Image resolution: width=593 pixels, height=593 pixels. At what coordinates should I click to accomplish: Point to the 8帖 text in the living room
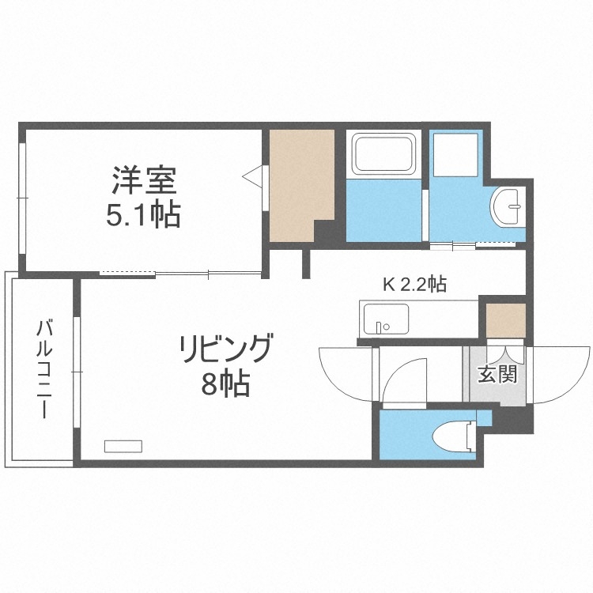coord(225,384)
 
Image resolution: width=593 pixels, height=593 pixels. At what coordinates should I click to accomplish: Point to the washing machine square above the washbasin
coord(457,153)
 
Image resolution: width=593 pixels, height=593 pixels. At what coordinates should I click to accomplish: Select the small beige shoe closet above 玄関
coord(504,319)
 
